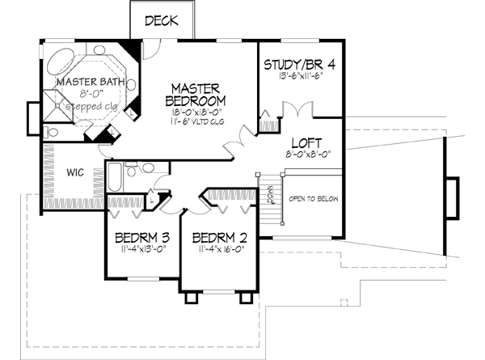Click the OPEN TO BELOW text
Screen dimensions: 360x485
pyautogui.click(x=313, y=199)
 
